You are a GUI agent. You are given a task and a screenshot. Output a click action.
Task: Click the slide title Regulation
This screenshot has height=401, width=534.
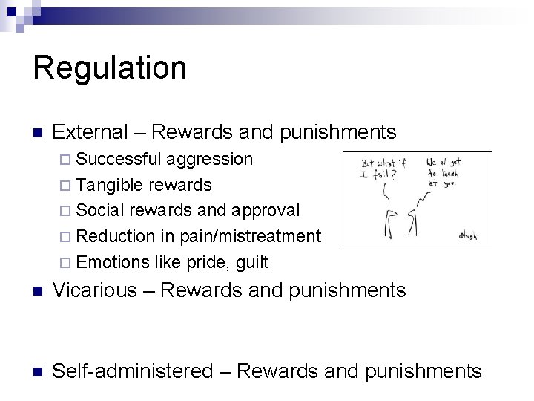110,68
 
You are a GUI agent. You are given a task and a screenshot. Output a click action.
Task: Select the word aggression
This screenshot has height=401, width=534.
209,159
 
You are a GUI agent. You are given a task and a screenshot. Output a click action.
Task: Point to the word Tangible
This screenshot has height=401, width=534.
110,185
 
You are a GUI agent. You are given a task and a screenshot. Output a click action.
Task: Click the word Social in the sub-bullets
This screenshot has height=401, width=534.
101,211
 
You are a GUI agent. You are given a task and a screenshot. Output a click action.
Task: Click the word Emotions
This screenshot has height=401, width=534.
113,262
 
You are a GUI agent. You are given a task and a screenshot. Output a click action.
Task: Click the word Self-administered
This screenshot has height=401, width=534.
133,370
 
